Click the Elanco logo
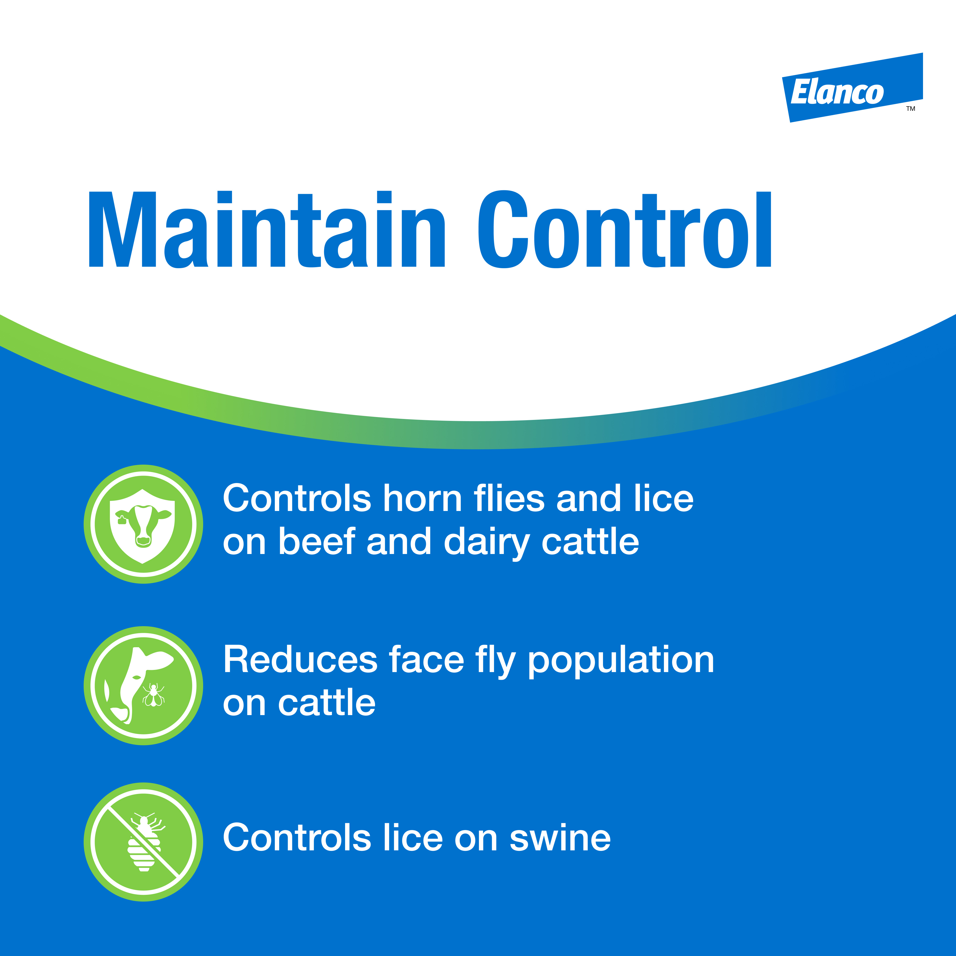click(x=852, y=87)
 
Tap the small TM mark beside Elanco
click(x=911, y=109)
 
